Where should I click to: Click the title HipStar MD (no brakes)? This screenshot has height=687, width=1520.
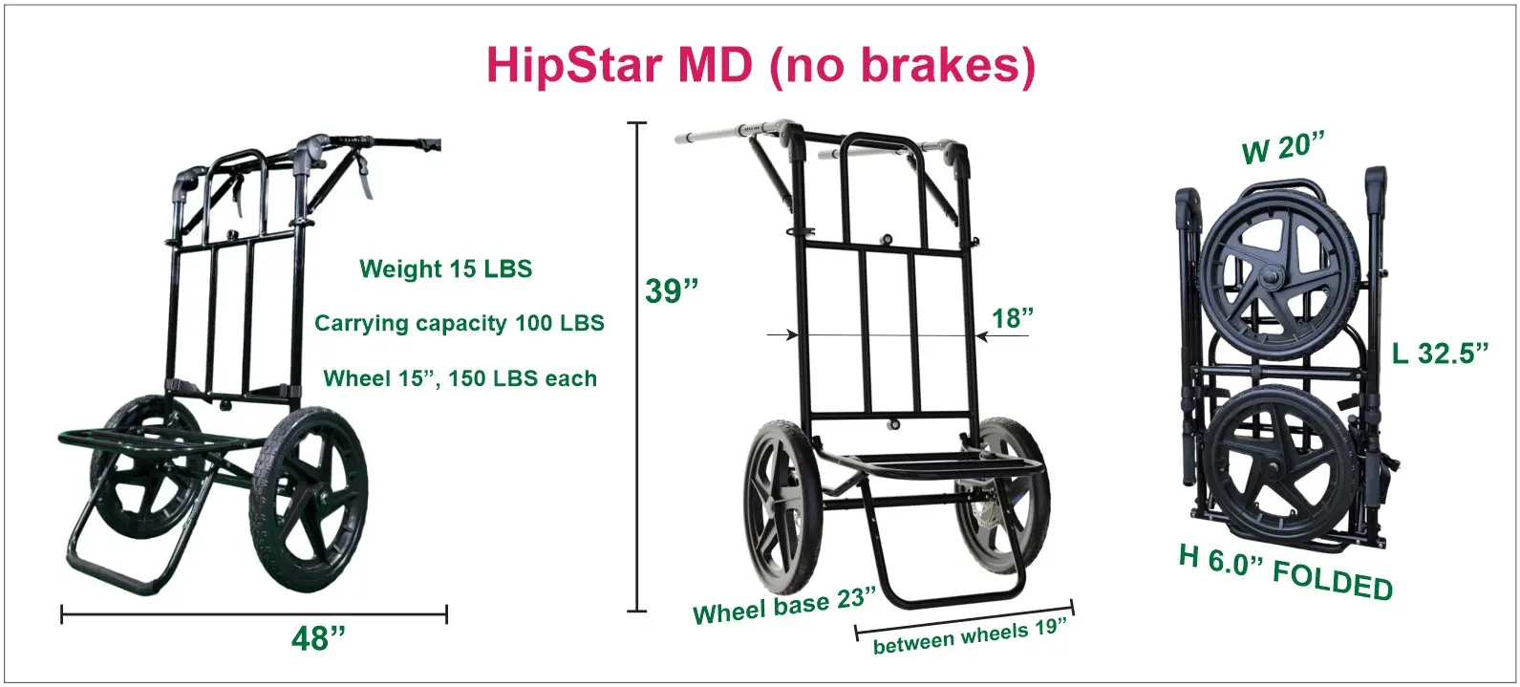[760, 67]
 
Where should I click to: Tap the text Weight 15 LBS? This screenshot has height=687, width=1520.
[446, 268]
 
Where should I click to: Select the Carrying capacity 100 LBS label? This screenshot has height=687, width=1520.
[460, 323]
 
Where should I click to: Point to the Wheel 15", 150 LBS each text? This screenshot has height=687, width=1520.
[460, 378]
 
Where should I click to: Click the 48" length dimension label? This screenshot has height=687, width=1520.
[318, 639]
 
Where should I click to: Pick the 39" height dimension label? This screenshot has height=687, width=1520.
[671, 291]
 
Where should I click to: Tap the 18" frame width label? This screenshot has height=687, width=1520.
[1013, 318]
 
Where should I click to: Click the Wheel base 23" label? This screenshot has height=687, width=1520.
[784, 605]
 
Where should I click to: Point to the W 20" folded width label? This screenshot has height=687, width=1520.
[1282, 149]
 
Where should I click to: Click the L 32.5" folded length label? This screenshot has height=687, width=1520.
[1439, 353]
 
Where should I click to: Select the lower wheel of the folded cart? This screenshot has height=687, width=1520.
[1283, 468]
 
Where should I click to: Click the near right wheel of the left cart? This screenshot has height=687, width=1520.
[310, 499]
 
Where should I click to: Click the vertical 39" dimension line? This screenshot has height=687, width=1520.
[636, 367]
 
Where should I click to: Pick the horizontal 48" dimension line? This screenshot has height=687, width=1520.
[254, 615]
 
